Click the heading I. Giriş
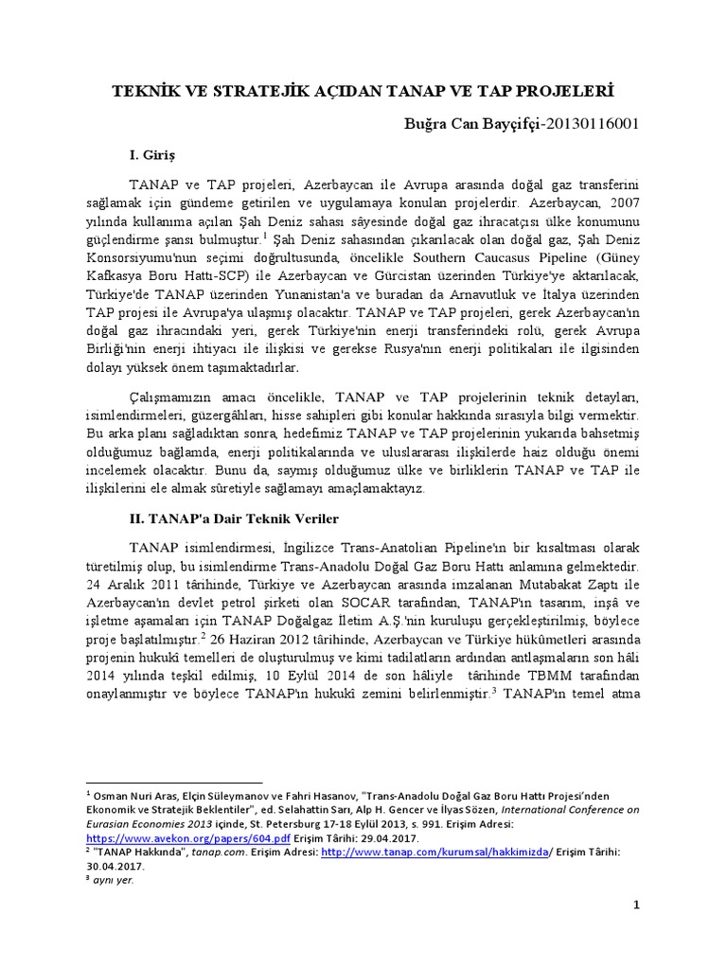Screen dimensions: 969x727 (153, 152)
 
